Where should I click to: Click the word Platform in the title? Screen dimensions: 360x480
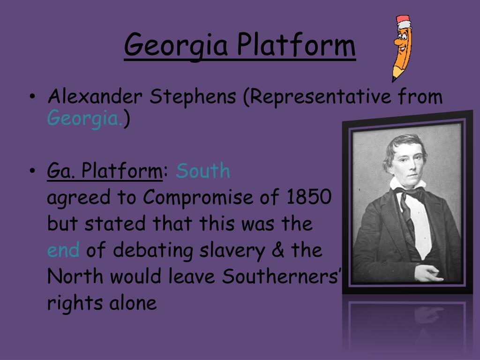pos(295,45)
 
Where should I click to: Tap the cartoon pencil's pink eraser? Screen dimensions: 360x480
pos(403,21)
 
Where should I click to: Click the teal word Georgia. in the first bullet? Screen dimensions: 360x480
pos(85,119)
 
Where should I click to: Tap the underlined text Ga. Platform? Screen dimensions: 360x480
pos(104,172)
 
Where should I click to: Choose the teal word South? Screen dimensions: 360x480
pos(203,172)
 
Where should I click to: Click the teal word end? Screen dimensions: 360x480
pos(63,250)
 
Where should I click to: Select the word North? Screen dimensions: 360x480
pos(75,277)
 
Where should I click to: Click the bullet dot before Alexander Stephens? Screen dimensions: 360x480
pos(32,97)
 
